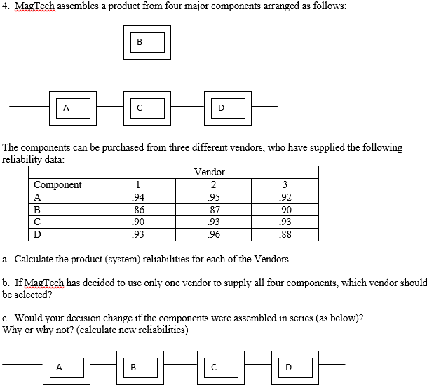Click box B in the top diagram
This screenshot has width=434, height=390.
click(x=144, y=42)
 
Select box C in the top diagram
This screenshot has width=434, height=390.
click(x=144, y=107)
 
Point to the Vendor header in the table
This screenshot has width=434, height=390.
click(x=209, y=172)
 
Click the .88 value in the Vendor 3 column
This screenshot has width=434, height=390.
click(x=283, y=234)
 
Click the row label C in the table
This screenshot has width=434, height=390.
click(x=37, y=222)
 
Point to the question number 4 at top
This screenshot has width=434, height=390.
click(x=5, y=6)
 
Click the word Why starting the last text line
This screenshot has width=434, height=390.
click(x=12, y=330)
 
